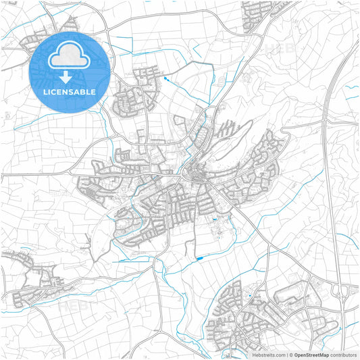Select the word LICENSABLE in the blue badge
pos(70,91)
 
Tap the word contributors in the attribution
pos(343,355)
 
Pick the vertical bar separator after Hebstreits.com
pos(288,355)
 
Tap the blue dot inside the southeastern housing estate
pos(250,296)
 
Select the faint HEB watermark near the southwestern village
pos(73,305)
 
